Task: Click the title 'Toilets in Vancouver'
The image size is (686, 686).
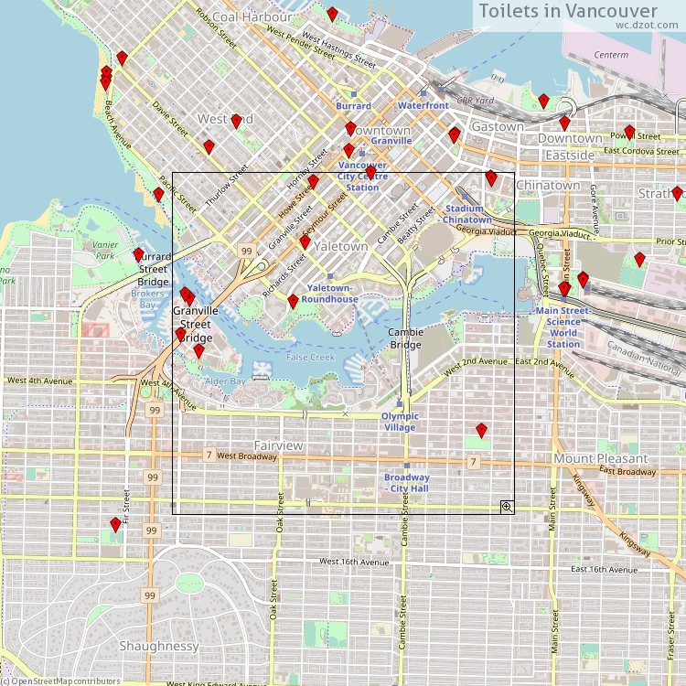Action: tap(568, 11)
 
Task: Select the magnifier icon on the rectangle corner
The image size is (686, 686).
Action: tap(507, 507)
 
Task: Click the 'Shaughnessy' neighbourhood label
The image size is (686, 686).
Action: tap(158, 646)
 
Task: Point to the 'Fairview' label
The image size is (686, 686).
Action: tap(279, 445)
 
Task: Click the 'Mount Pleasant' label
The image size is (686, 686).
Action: tap(600, 458)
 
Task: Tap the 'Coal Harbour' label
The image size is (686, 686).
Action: tap(252, 16)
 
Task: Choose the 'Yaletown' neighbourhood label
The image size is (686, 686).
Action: tap(340, 247)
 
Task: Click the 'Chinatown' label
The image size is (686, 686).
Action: tap(548, 185)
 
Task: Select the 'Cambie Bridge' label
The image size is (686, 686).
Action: tap(406, 338)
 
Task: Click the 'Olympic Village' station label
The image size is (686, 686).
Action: tap(400, 422)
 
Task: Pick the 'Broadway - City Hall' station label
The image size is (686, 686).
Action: tap(406, 483)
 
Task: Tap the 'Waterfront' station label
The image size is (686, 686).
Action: tap(423, 105)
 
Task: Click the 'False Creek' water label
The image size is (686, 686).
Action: tap(310, 357)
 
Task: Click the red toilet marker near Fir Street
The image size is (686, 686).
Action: tap(115, 524)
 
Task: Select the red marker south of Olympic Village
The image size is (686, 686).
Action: tap(481, 430)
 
